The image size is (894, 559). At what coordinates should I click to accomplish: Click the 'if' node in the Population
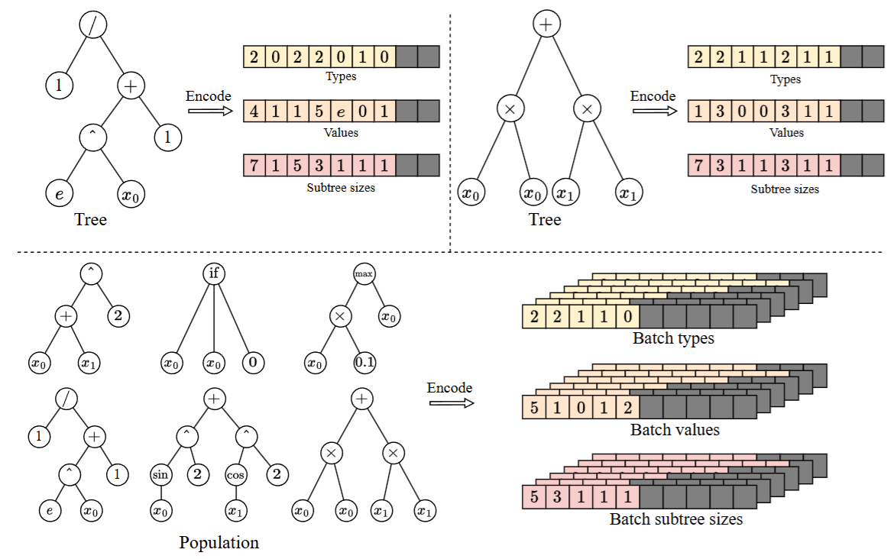(x=213, y=273)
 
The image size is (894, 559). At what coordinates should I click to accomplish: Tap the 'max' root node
(x=364, y=273)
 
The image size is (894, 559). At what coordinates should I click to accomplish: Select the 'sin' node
(x=161, y=475)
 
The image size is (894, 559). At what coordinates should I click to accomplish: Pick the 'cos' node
(x=235, y=475)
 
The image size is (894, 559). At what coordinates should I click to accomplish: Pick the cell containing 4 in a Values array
(x=254, y=111)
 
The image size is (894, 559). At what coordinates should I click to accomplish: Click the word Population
(x=219, y=543)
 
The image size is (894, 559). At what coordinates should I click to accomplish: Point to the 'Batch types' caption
(x=673, y=338)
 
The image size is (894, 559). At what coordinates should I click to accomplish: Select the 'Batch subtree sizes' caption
(x=676, y=520)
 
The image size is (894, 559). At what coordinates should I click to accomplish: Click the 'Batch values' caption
(x=675, y=430)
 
